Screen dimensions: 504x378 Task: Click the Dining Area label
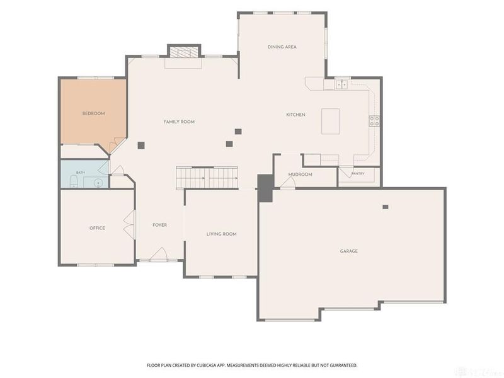coord(282,47)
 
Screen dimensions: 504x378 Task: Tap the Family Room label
coord(179,122)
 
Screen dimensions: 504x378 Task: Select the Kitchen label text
coord(295,115)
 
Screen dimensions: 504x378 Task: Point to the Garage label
coord(349,251)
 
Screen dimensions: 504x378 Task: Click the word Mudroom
coord(301,175)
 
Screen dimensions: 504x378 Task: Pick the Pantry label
coord(358,174)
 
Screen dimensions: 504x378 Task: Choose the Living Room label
coord(222,234)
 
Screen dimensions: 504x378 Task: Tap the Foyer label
coord(160,225)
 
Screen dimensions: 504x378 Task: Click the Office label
coord(97,228)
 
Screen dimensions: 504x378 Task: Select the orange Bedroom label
coord(93,113)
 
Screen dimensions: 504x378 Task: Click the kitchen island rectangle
coord(330,121)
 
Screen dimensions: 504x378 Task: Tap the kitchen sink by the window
coord(341,84)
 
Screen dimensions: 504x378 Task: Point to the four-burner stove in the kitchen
coord(374,121)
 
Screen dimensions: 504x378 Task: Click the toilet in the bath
coord(74,181)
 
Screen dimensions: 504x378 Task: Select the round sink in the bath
coord(98,183)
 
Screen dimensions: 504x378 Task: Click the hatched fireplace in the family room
coord(184,52)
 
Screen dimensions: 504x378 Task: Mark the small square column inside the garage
coord(386,207)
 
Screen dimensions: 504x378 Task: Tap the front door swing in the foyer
coord(159,254)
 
